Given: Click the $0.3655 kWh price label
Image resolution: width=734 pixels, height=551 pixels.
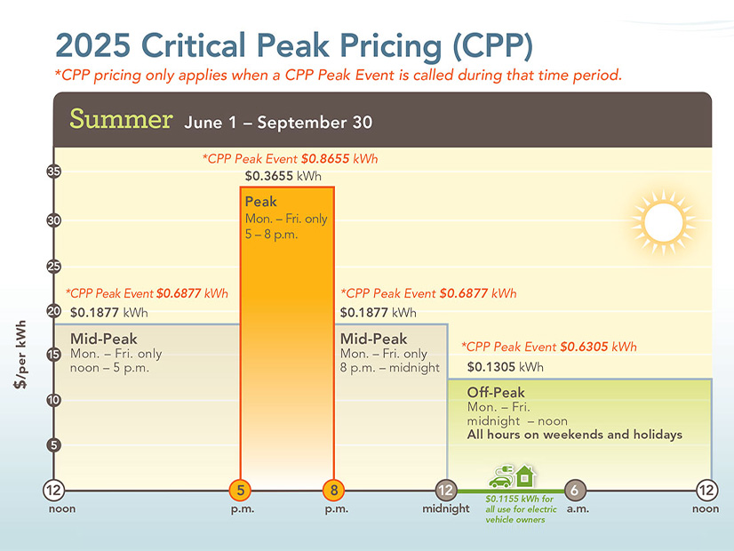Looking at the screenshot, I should tap(283, 176).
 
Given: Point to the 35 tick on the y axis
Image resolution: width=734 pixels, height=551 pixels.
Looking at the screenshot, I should tap(54, 172).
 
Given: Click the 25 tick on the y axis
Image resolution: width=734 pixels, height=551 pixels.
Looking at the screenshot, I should tap(54, 266).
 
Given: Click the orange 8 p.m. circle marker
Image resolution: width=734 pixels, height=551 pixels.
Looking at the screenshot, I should tap(334, 490).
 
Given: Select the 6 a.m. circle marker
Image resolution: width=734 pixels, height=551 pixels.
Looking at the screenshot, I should tap(576, 490).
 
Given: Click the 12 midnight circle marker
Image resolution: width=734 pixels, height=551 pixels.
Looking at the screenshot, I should tap(446, 490).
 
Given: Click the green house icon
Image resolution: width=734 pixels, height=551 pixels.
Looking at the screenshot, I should tap(526, 475).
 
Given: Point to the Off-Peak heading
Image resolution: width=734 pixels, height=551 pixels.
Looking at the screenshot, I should tap(496, 393).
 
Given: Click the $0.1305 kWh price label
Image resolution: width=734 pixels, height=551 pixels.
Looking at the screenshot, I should tap(505, 366).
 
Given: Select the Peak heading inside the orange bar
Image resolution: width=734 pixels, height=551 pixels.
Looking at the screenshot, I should tap(261, 202).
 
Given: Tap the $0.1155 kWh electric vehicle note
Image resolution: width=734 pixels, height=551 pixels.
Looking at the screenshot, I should tap(521, 509).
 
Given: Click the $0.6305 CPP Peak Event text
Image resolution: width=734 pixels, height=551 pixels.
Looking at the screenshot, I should tap(548, 347).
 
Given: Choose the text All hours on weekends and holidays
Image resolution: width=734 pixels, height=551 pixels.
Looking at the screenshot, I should tap(574, 435).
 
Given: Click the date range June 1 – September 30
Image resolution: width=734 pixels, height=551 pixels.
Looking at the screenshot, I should tap(278, 123).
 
